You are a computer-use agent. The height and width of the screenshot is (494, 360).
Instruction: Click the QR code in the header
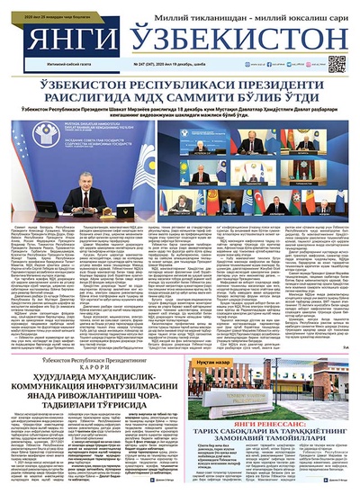click(337, 64)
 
